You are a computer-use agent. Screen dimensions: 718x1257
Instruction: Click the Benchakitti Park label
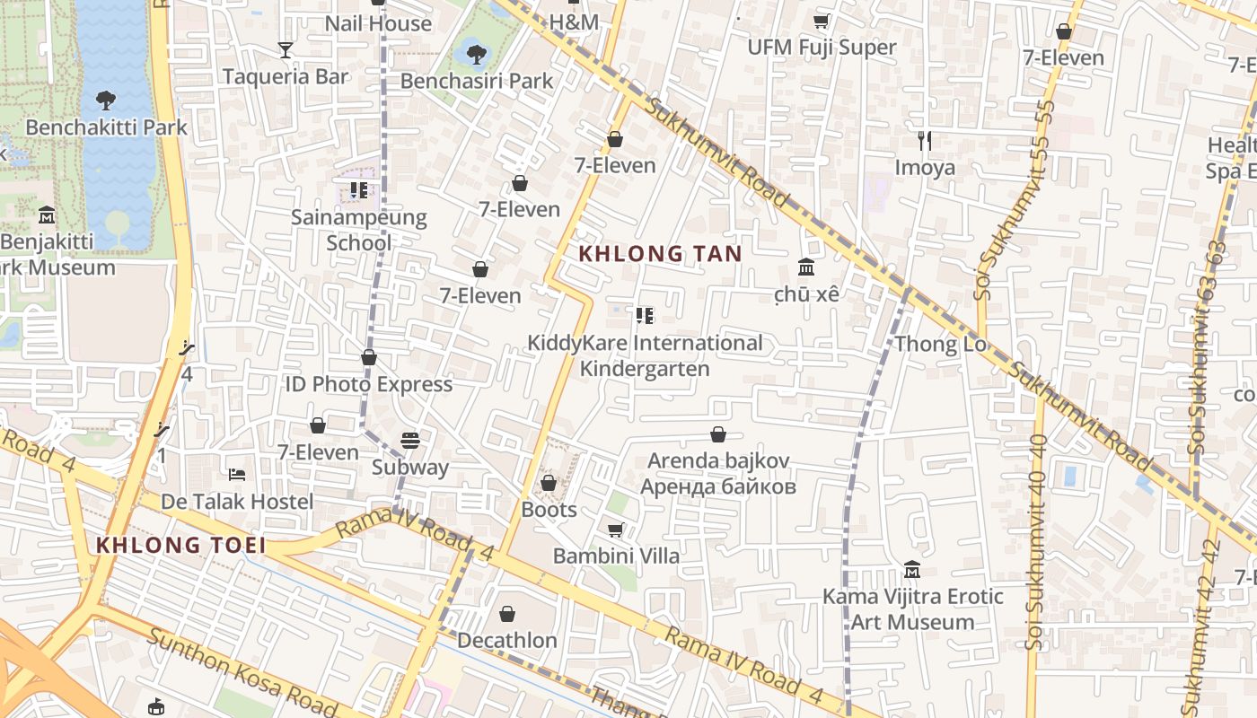[x=106, y=127]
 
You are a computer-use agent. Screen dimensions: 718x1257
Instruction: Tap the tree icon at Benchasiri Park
[x=477, y=54]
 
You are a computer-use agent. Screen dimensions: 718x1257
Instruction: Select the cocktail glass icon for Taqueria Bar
[x=286, y=50]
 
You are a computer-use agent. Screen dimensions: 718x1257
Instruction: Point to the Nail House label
[x=378, y=23]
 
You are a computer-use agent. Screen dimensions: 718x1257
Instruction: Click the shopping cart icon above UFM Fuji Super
[x=821, y=21]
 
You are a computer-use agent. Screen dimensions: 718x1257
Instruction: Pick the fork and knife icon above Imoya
[x=925, y=140]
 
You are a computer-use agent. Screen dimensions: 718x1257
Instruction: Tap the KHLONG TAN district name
[x=661, y=254]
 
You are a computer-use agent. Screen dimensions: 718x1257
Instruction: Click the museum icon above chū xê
[x=806, y=267]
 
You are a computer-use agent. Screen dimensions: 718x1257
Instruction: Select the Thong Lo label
[x=939, y=344]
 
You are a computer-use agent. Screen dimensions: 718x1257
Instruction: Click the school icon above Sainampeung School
[x=359, y=190]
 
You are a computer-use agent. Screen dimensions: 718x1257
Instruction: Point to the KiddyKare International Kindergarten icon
[x=644, y=316]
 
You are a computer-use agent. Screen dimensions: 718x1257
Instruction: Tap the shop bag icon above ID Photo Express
[x=369, y=357]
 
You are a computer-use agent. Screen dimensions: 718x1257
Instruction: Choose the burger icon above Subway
[x=410, y=441]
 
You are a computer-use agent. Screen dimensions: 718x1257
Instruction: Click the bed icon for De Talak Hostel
[x=237, y=474]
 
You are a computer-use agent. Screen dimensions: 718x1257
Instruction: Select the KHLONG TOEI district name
[x=180, y=545]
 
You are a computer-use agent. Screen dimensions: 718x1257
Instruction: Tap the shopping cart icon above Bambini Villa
[x=616, y=530]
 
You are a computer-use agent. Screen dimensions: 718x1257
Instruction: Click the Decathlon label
[x=507, y=641]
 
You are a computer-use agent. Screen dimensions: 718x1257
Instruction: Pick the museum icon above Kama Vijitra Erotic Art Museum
[x=913, y=570]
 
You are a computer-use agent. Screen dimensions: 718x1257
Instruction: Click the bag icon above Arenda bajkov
[x=718, y=434]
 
